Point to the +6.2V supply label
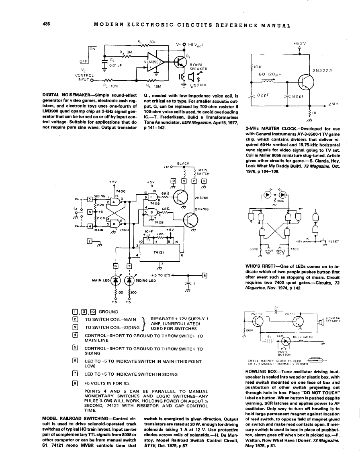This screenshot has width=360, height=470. [x=299, y=43]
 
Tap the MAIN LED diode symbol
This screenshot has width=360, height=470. [x=117, y=281]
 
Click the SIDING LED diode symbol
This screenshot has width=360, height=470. [x=130, y=281]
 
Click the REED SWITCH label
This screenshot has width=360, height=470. [x=303, y=337]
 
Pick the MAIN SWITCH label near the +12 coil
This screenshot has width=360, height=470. [x=203, y=171]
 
